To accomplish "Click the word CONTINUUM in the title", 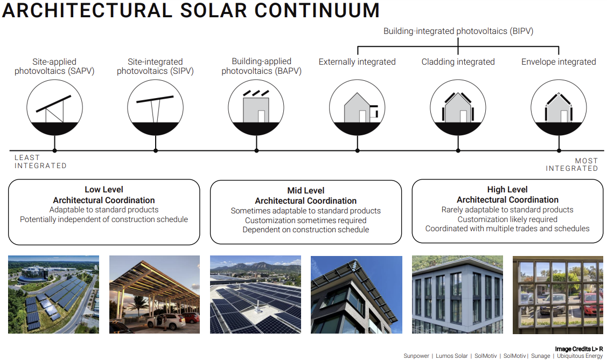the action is tap(317, 10).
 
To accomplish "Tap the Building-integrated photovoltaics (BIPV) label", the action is tap(458, 31).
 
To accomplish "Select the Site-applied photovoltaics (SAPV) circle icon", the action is tap(54, 107).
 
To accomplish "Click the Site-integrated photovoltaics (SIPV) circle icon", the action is tap(155, 107).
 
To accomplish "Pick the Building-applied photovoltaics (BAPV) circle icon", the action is tap(256, 107).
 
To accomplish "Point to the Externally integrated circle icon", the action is tap(357, 107).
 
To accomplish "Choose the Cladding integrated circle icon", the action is tap(458, 107).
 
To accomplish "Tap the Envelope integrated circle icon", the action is tap(559, 107).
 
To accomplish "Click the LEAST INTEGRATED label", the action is tap(40, 162).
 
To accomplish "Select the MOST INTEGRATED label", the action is tap(572, 165).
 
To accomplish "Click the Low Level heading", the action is tap(104, 190).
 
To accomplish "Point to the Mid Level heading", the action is tap(306, 190).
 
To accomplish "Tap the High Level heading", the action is tap(507, 190).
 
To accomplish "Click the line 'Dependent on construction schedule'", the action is tap(306, 230).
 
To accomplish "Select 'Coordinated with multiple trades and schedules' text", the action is tap(507, 229).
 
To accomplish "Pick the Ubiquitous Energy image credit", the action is tap(580, 356).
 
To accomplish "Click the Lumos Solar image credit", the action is tap(452, 356).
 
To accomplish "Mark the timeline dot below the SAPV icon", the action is tap(54, 150).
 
